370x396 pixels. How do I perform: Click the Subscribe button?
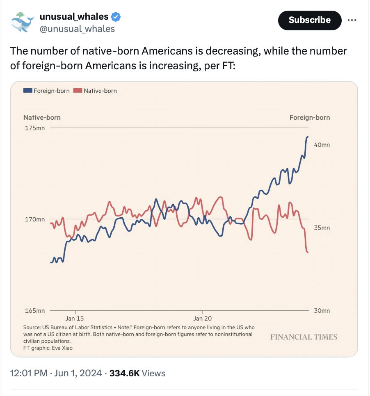[309, 20]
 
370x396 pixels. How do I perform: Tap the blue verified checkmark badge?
[116, 17]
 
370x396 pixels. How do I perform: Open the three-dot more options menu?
[352, 20]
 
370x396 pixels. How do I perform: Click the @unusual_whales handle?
[77, 29]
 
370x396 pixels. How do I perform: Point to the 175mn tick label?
[35, 128]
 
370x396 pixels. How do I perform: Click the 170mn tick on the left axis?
[35, 219]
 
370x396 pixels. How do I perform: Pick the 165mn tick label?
[35, 311]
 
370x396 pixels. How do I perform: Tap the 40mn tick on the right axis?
[322, 145]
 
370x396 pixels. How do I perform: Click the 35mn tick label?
[322, 228]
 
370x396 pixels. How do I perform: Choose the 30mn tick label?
[322, 311]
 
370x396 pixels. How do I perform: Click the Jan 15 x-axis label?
[74, 319]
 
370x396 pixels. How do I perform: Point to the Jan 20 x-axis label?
[203, 319]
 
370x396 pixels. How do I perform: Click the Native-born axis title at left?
[42, 118]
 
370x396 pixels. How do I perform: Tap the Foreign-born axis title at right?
[309, 118]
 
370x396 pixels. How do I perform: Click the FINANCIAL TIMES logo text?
[304, 337]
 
